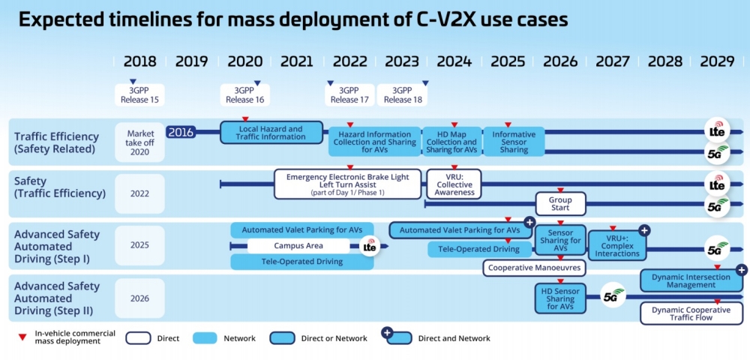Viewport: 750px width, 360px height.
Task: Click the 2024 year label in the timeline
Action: [454, 61]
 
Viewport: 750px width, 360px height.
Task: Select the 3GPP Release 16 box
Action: [245, 95]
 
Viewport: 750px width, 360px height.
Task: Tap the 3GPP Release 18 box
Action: [402, 95]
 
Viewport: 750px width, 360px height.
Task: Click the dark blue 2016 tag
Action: [181, 132]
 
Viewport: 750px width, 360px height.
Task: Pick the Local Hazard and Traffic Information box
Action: [271, 133]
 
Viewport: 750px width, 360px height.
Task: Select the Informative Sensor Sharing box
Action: [514, 142]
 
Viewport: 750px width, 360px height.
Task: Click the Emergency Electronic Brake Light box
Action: [348, 184]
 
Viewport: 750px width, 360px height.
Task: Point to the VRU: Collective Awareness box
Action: [454, 184]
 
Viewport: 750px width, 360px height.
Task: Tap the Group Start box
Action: [560, 204]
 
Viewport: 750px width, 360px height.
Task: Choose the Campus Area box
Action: [298, 246]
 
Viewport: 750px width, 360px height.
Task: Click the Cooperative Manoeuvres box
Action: [534, 268]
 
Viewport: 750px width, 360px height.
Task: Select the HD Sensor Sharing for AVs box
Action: [560, 298]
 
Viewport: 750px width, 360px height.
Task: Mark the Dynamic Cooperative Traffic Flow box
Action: [691, 313]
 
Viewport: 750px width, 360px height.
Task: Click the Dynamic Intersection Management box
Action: [691, 281]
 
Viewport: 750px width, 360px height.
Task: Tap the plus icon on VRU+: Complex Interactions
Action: [643, 230]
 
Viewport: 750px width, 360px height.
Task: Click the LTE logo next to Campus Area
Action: [370, 247]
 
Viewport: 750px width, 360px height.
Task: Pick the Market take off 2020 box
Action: [139, 142]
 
